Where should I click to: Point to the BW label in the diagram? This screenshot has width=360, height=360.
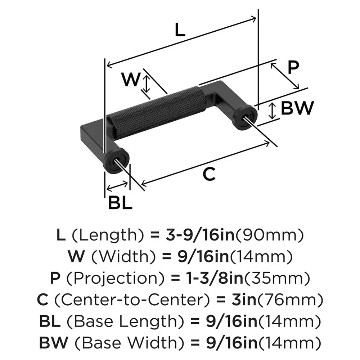click(297, 108)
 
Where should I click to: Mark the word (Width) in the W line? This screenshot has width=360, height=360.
click(117, 257)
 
